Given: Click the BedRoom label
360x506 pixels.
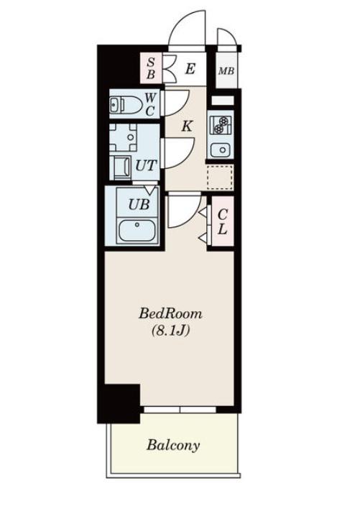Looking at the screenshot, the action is [170, 313].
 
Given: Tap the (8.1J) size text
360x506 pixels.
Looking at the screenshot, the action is [170, 331].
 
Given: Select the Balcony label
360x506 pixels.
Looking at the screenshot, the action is [173, 446].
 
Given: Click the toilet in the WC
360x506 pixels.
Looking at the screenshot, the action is [126, 104].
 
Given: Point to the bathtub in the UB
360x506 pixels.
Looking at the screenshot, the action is [137, 231].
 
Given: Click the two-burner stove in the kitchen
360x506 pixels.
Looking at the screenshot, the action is [221, 125].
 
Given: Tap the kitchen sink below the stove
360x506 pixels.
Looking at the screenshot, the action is [221, 149].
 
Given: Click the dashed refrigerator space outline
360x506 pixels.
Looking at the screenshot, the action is [220, 177].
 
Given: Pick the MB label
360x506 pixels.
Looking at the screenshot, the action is [226, 70].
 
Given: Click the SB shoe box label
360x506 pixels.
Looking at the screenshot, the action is [151, 68].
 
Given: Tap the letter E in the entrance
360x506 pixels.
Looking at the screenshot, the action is [190, 69].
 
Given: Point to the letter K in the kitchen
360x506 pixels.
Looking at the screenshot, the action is [187, 126].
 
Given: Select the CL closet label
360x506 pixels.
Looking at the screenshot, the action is [223, 221].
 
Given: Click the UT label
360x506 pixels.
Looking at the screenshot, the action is [146, 165].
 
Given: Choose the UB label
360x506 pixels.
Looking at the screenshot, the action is [139, 204].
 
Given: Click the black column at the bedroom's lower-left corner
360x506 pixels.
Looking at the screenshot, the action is [119, 403].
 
